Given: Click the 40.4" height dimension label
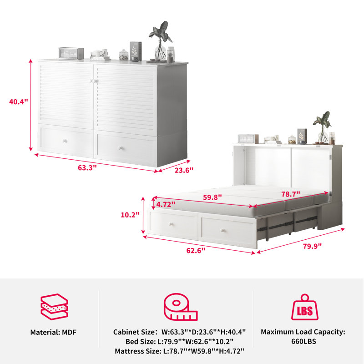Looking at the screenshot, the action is [x=19, y=101].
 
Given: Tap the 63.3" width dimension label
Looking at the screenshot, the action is [x=87, y=167].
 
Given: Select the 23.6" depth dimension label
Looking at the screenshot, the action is [x=184, y=170].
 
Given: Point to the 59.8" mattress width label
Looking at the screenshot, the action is [x=212, y=197].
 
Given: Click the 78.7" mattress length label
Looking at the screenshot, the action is [x=291, y=194].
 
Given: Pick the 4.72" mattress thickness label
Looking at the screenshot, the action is [x=166, y=204].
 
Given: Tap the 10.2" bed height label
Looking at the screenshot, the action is [x=130, y=215].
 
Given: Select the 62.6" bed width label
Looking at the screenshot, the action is [x=196, y=251].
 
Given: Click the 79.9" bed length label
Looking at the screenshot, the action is [x=312, y=246].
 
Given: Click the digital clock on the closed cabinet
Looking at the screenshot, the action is [x=71, y=53].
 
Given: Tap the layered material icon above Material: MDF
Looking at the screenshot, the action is [x=54, y=307].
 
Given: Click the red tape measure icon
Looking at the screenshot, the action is [x=180, y=307].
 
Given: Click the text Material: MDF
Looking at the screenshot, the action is [x=53, y=332].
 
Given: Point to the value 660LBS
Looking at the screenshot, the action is [x=303, y=341].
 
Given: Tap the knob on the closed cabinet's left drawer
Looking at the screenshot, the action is [x=65, y=141].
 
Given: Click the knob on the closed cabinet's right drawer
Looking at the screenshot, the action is [x=120, y=148].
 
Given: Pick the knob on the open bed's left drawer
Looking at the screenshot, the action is [x=171, y=224].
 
